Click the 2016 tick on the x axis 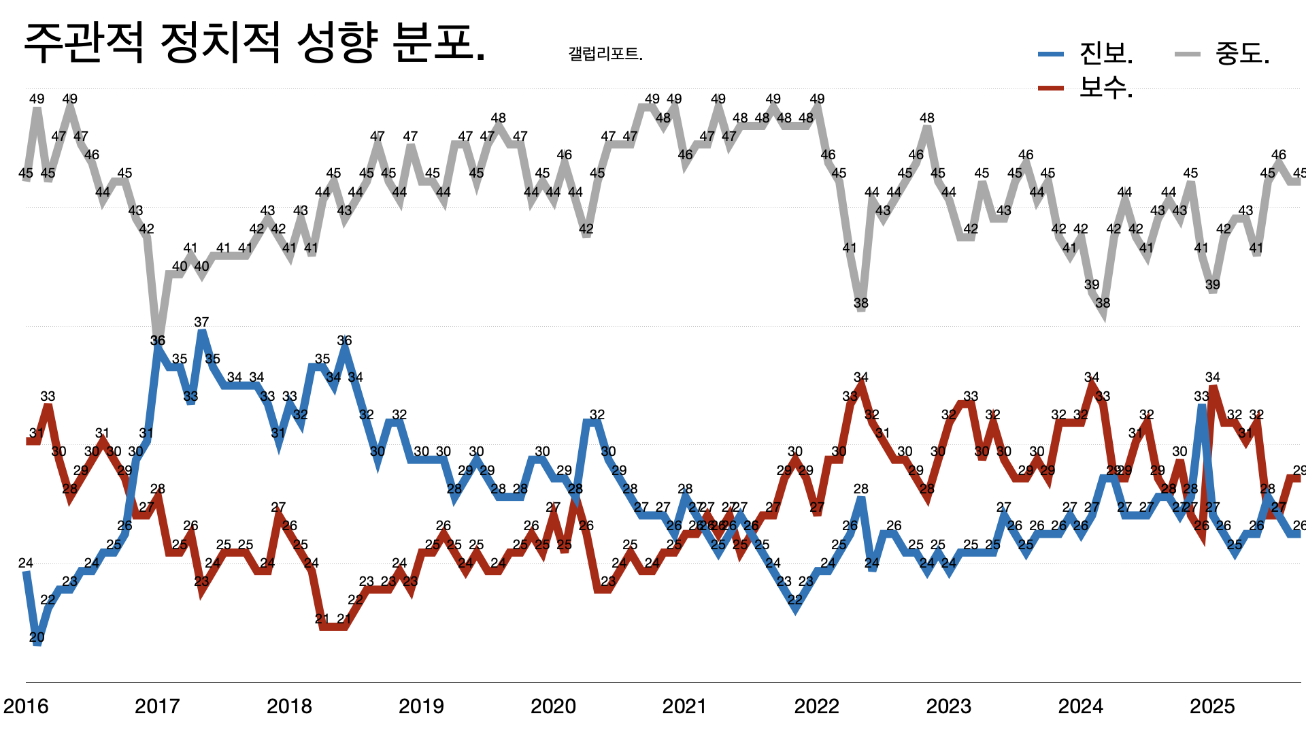[x=26, y=706]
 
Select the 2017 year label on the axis [x=157, y=706]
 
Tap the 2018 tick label [x=289, y=706]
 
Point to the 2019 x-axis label [x=421, y=706]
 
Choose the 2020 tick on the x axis [x=553, y=706]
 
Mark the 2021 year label [x=684, y=706]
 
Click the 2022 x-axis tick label [x=816, y=706]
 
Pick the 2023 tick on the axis [x=948, y=706]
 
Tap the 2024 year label [x=1080, y=706]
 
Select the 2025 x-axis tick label [x=1212, y=706]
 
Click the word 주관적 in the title [x=84, y=44]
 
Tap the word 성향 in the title [x=337, y=44]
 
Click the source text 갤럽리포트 [x=604, y=54]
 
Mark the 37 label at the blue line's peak [x=201, y=322]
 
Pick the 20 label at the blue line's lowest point [x=37, y=638]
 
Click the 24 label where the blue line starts [x=26, y=563]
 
